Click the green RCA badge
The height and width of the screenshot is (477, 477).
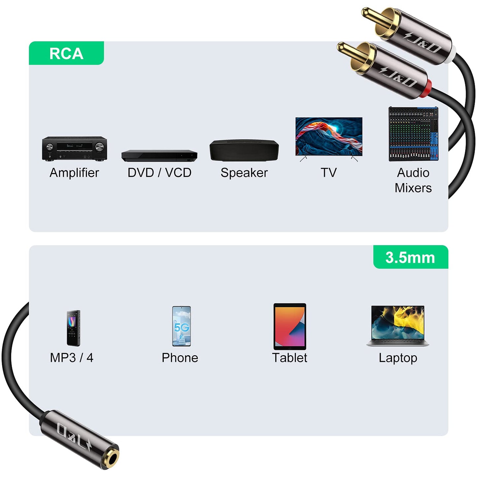(66, 53)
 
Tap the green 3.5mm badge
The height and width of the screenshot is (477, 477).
(410, 257)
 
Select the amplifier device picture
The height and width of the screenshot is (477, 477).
(74, 149)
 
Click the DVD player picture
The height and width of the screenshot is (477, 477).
(159, 155)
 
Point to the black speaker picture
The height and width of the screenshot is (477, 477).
(244, 150)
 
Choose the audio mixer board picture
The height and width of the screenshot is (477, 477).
(413, 134)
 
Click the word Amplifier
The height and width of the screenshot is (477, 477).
(74, 173)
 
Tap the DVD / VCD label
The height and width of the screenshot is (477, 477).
(159, 173)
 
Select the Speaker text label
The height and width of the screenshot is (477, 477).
(244, 173)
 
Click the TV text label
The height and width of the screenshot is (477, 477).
(329, 173)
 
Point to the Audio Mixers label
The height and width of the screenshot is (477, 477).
(413, 180)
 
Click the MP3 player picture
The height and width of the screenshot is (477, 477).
(73, 328)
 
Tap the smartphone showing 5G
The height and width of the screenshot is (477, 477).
(181, 326)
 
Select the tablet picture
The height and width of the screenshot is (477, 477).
(290, 326)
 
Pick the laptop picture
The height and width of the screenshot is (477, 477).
(398, 325)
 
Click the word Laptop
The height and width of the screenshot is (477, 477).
(398, 358)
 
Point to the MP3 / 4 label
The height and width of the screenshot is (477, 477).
(72, 358)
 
